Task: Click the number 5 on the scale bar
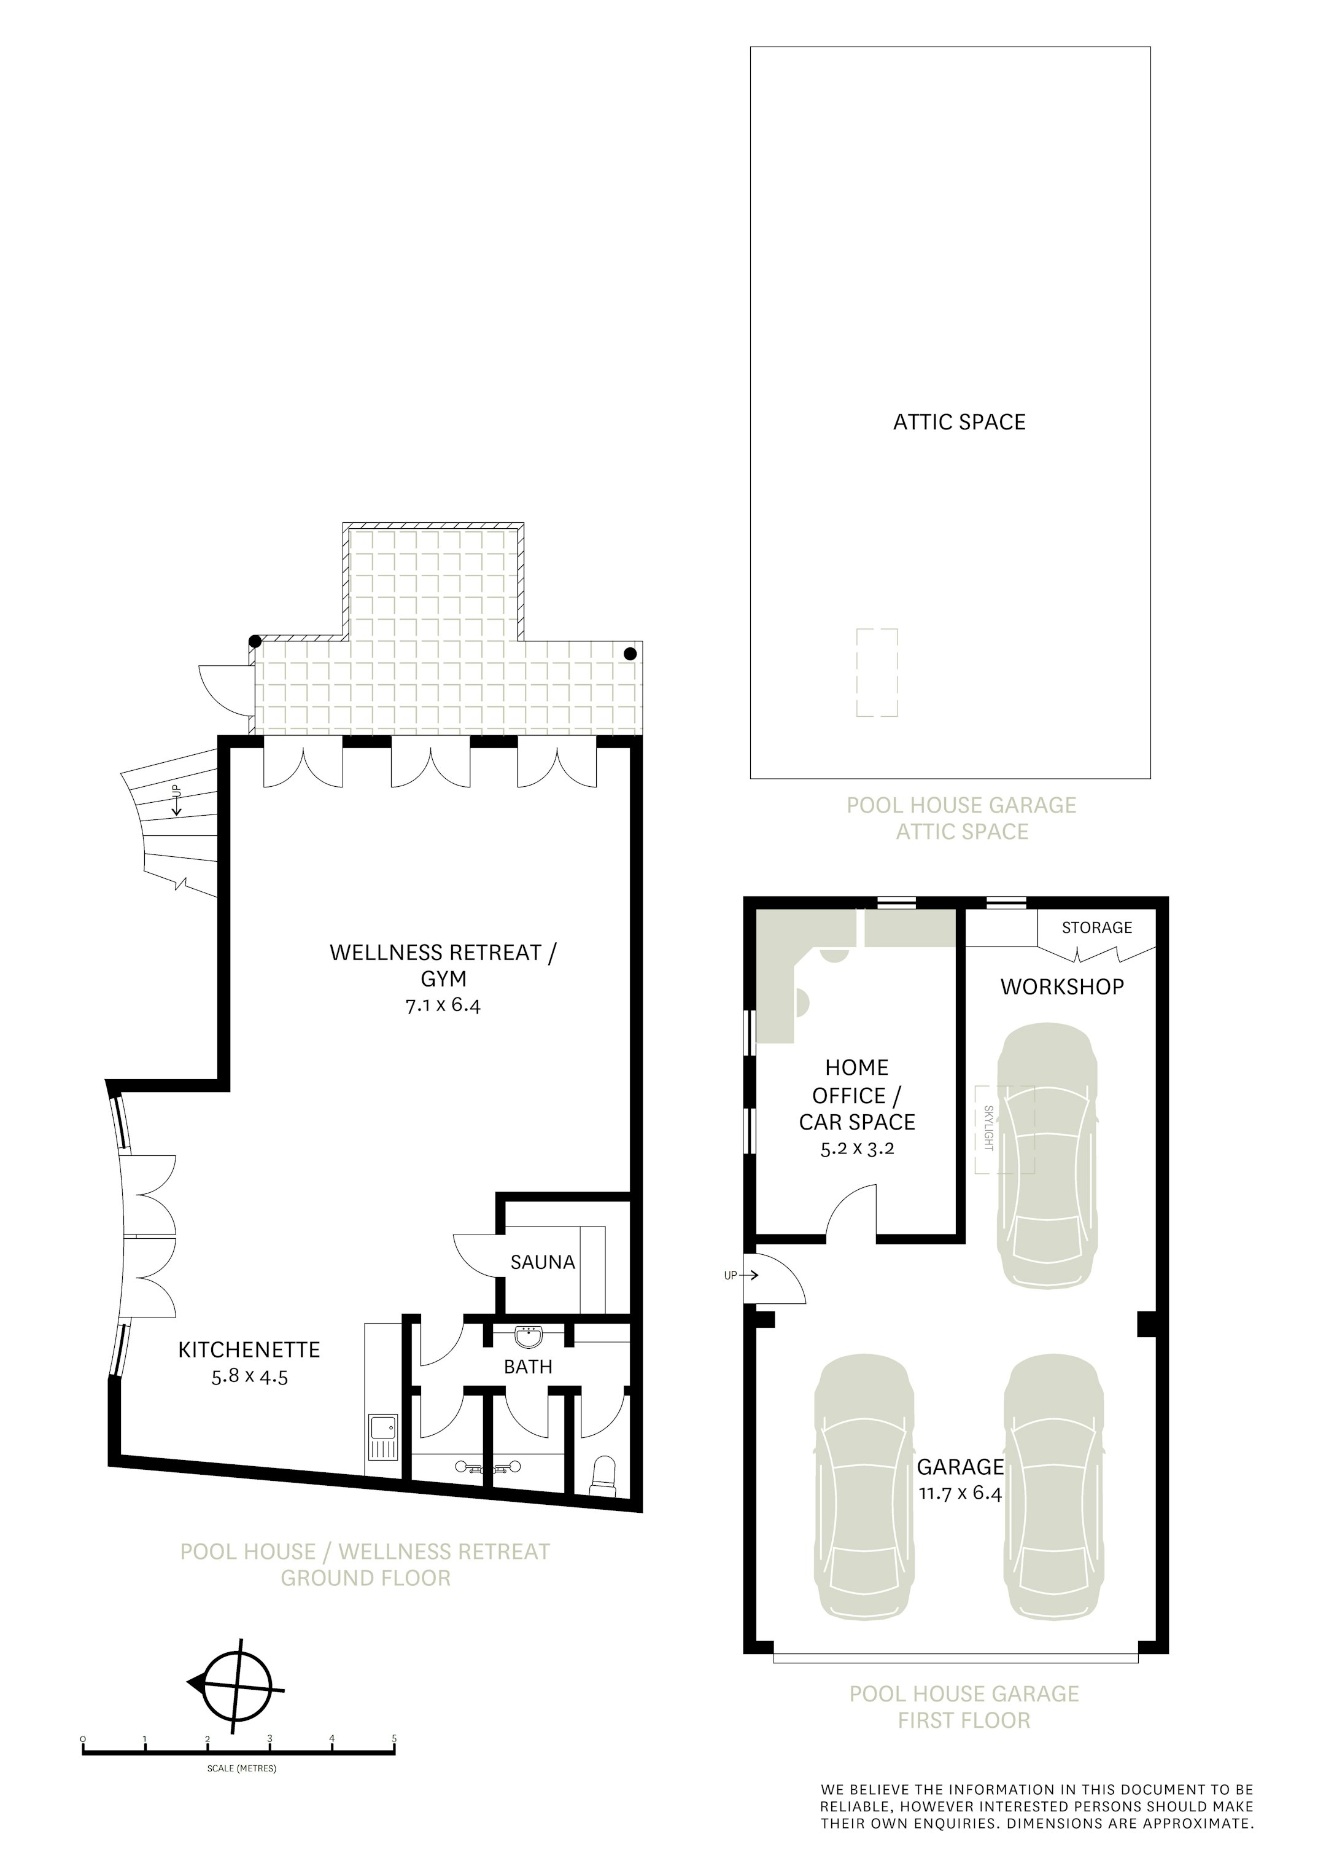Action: [394, 1738]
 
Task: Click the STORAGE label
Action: [1096, 928]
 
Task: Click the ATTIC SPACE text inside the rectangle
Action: [960, 422]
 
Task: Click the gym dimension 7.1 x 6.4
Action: [443, 1005]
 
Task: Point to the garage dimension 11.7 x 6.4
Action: [960, 1494]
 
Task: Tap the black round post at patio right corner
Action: [629, 654]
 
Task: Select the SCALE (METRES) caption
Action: [242, 1768]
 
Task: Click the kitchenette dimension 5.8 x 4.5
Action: [250, 1378]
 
